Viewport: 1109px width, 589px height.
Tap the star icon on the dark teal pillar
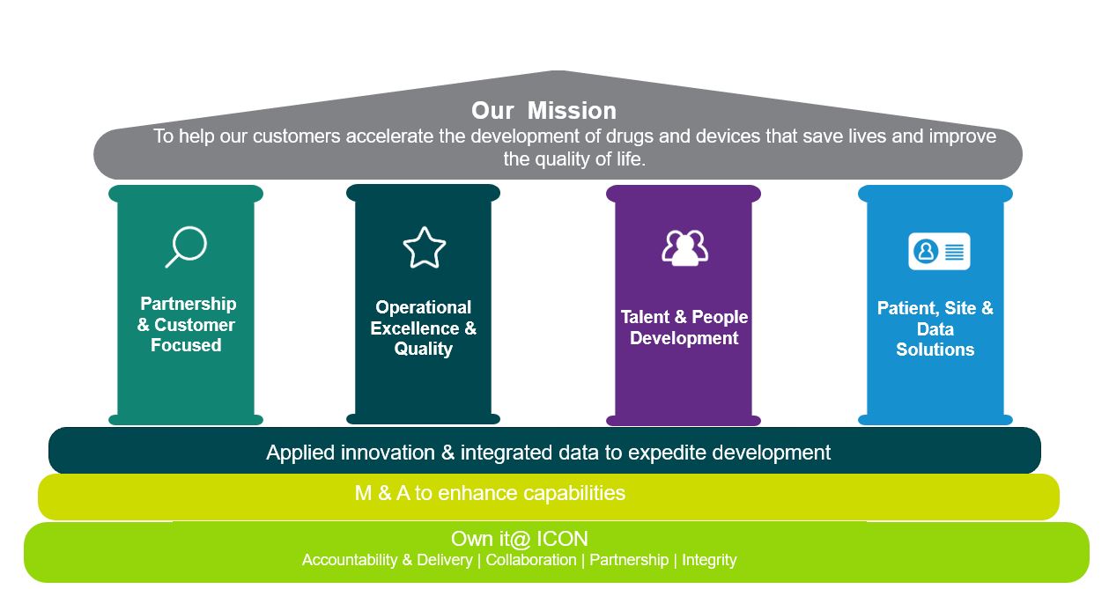[x=425, y=247]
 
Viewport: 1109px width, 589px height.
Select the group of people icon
[x=684, y=248]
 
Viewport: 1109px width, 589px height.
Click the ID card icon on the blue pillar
[x=939, y=252]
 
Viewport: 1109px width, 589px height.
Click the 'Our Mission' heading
[x=543, y=110]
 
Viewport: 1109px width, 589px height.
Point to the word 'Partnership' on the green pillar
[x=189, y=304]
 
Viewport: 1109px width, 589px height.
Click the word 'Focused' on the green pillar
[x=186, y=345]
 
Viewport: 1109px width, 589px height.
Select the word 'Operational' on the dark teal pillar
[x=424, y=307]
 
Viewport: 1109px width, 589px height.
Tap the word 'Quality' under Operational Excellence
[x=424, y=349]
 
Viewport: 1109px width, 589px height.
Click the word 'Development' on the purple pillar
[x=684, y=338]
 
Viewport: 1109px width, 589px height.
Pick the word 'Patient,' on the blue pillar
[x=908, y=308]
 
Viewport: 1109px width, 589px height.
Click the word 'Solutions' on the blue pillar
[x=935, y=350]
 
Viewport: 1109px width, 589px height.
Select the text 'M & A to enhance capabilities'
[x=490, y=493]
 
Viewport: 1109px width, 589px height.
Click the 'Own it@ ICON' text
[x=520, y=539]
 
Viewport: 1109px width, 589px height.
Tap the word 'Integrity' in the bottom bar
[x=709, y=560]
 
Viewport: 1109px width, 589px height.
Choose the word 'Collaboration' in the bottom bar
[x=531, y=560]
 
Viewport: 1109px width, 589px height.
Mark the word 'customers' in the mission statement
[x=296, y=136]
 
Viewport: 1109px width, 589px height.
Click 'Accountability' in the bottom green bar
[x=350, y=560]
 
